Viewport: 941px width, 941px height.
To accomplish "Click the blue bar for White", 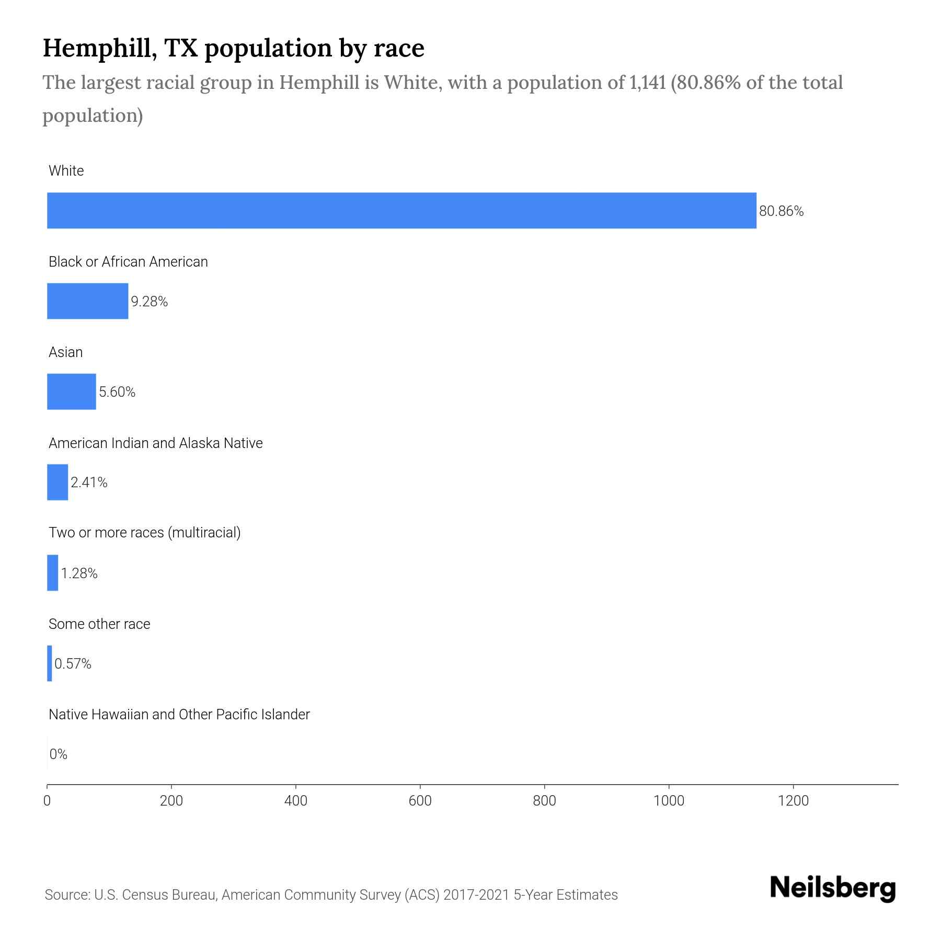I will [x=401, y=211].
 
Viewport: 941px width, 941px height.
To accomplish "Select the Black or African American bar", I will [x=87, y=301].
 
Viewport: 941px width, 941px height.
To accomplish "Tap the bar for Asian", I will [x=72, y=392].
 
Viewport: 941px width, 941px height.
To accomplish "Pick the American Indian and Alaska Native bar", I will [x=58, y=482].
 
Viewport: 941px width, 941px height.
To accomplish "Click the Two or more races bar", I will [x=53, y=573].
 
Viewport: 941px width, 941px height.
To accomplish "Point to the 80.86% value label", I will [x=781, y=211].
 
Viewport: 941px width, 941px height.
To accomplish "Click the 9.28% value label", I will [x=149, y=302].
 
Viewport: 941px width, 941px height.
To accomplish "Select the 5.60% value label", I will [x=117, y=392].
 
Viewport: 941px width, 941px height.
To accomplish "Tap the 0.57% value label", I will [x=73, y=664].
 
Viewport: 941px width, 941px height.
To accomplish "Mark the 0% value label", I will [x=59, y=754].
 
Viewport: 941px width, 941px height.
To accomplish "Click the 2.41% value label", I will [x=89, y=483].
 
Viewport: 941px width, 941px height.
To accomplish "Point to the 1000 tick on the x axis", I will [x=669, y=801].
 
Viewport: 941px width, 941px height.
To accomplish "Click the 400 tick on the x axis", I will [x=296, y=801].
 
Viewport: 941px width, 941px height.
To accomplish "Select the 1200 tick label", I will [x=793, y=801].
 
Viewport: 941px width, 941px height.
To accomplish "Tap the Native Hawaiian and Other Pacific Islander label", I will [x=179, y=715].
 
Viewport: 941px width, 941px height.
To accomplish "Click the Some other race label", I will [x=99, y=624].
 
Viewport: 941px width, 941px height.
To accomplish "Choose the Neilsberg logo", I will [x=833, y=888].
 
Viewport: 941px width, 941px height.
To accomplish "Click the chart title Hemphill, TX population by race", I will [x=233, y=48].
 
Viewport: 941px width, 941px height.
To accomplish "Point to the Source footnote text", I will [x=331, y=895].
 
